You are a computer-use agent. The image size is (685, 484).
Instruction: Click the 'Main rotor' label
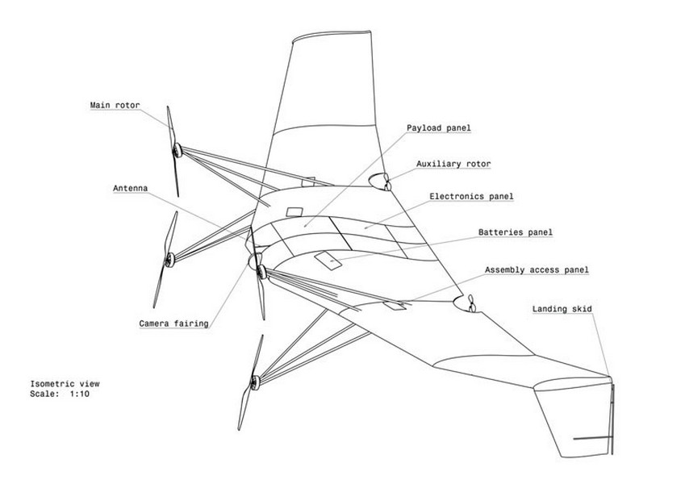pos(115,106)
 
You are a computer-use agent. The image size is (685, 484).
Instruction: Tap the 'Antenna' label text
pos(130,188)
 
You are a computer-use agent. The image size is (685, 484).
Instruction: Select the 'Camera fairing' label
pos(173,323)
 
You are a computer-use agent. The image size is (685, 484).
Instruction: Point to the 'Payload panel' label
pos(439,128)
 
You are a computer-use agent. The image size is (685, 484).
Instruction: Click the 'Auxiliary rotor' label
pos(453,164)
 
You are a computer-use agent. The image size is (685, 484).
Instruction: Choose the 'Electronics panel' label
pos(471,197)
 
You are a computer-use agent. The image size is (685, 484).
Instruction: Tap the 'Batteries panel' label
pos(515,232)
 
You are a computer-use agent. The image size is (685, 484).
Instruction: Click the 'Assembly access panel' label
pos(537,270)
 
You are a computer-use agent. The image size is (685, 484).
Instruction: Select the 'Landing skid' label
pos(562,309)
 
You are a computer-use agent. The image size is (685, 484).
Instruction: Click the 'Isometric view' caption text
pos(65,384)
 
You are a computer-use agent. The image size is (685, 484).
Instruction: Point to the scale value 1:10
pos(80,394)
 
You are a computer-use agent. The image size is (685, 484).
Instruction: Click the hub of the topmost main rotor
pos(177,150)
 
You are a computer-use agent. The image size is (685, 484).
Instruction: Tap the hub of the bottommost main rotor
pos(255,382)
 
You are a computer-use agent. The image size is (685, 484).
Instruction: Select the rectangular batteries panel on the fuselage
pos(328,261)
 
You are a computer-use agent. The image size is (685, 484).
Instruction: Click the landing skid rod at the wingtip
pos(612,419)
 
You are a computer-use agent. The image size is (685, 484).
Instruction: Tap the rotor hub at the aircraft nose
pos(261,272)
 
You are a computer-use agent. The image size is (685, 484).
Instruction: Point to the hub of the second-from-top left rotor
pos(169,260)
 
